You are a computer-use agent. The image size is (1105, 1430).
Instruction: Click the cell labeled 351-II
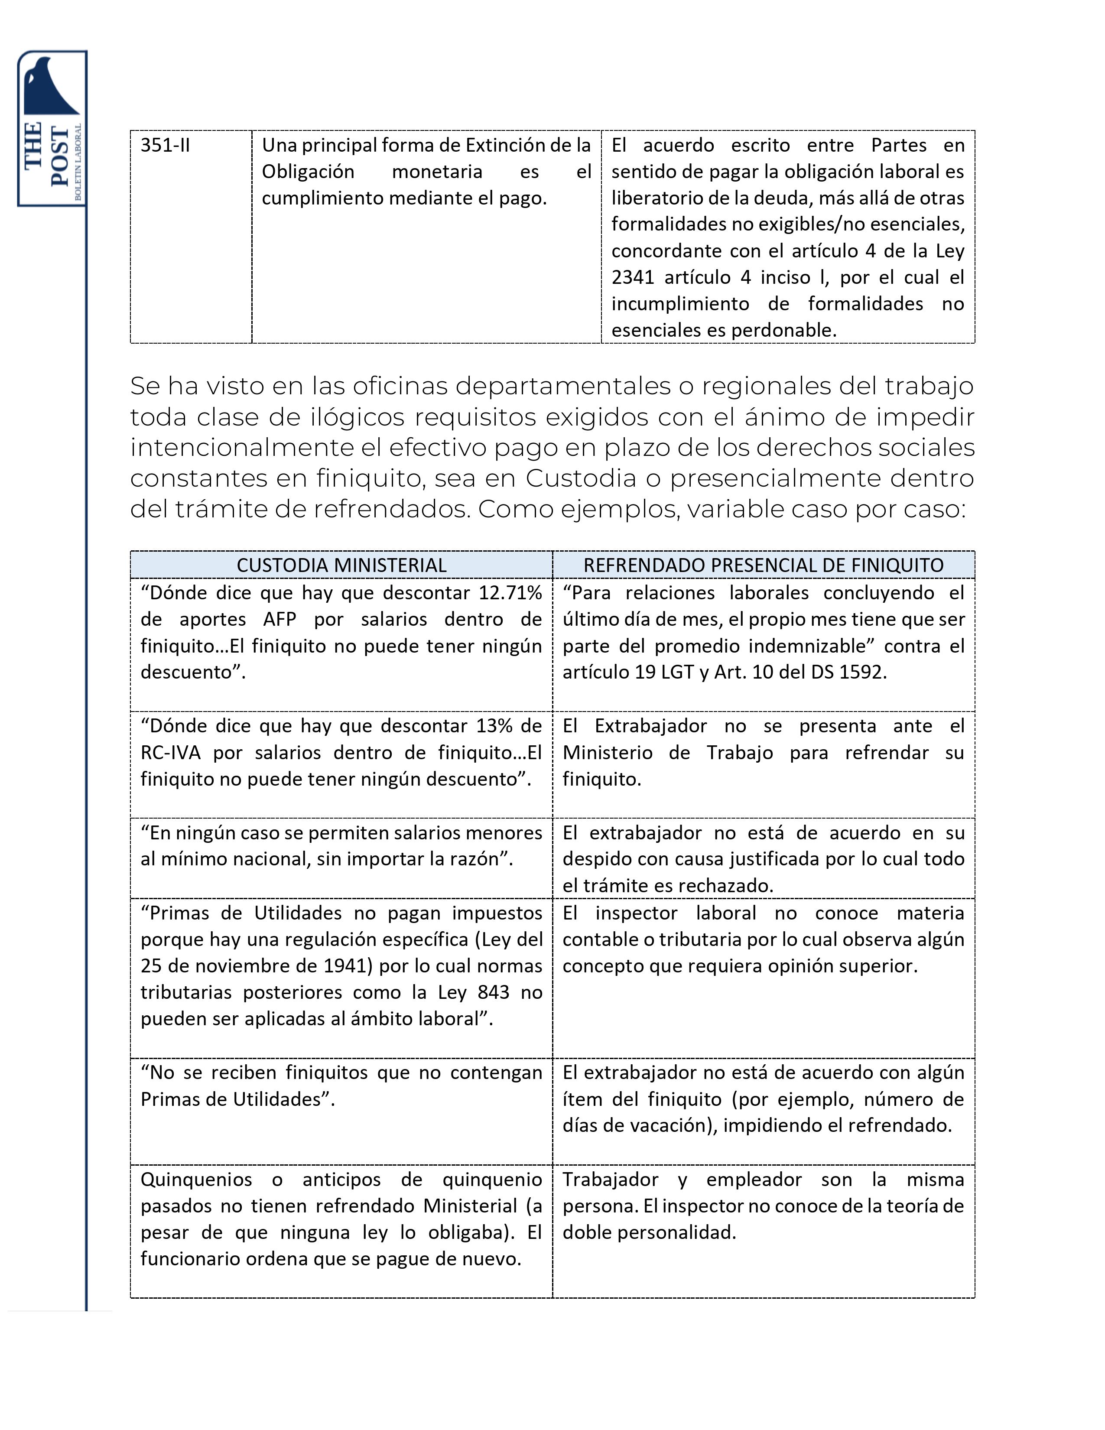[165, 145]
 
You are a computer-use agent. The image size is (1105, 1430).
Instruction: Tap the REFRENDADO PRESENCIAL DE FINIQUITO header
[763, 565]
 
